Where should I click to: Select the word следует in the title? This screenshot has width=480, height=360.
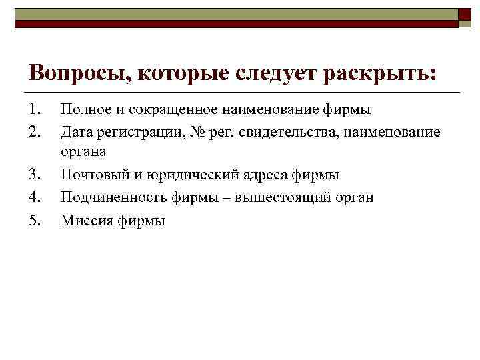pyautogui.click(x=275, y=72)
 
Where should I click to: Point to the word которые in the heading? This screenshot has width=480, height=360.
pyautogui.click(x=177, y=72)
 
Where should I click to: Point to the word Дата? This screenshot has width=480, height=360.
pyautogui.click(x=75, y=131)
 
